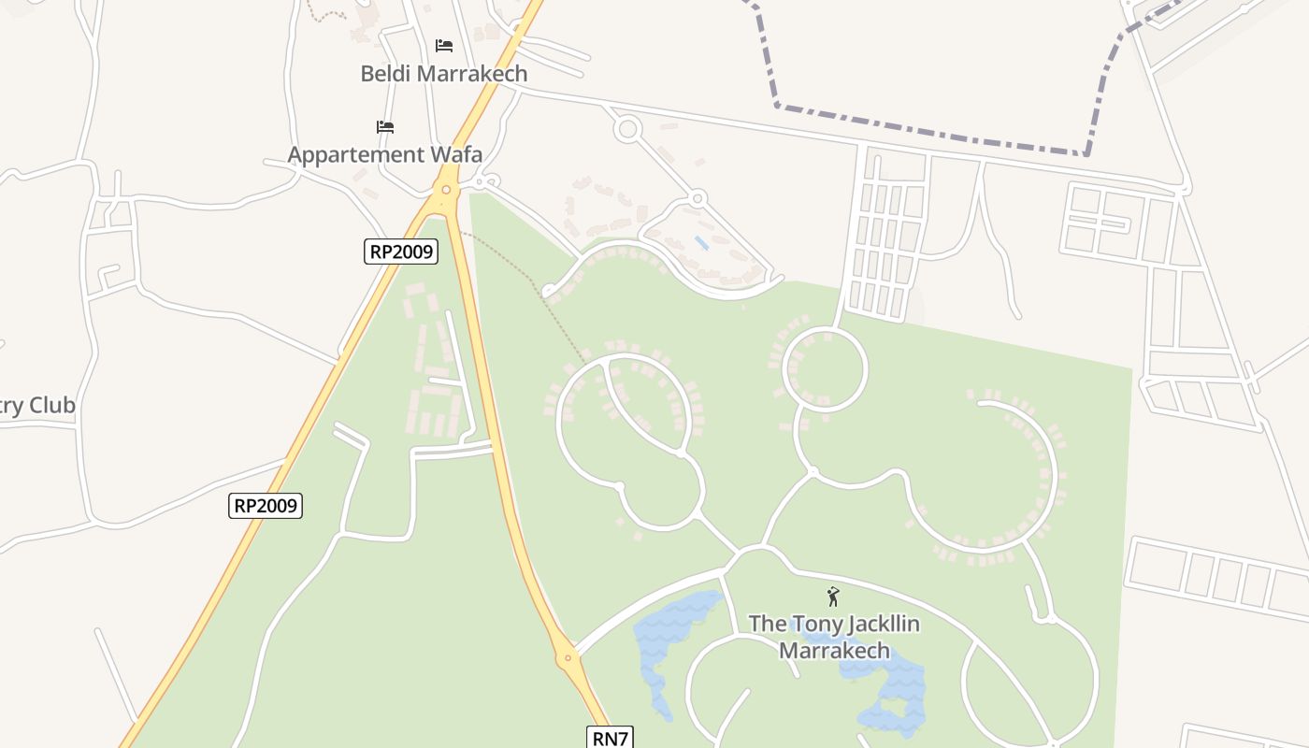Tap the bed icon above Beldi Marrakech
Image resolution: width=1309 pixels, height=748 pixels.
click(x=444, y=45)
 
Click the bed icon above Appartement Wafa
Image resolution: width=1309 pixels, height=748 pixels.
click(x=385, y=126)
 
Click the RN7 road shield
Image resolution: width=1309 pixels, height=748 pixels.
click(x=611, y=738)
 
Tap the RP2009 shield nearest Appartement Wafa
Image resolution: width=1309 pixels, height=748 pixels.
click(x=401, y=251)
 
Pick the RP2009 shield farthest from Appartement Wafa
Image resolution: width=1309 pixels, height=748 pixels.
click(x=266, y=506)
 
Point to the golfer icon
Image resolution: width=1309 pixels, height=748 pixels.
click(x=832, y=597)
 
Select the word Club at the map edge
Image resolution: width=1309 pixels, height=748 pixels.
click(x=52, y=406)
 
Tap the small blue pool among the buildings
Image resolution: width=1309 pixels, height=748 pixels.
click(x=701, y=243)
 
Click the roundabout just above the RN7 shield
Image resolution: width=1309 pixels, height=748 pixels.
click(x=568, y=658)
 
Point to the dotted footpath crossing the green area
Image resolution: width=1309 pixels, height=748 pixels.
click(x=524, y=271)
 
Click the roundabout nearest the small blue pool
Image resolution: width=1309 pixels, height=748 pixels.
click(x=697, y=198)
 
